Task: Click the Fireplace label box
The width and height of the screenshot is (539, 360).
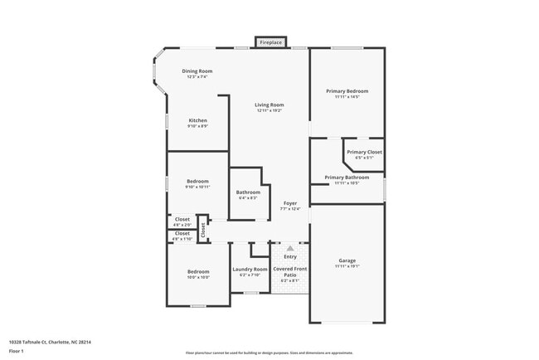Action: [x=270, y=42]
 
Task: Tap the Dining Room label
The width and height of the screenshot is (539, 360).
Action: [x=197, y=71]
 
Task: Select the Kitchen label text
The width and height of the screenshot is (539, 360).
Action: [x=197, y=120]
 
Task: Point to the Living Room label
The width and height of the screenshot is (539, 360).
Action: [x=269, y=105]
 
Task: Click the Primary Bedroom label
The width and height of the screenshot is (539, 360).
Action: [x=347, y=91]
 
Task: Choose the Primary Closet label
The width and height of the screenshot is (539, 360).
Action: [x=364, y=152]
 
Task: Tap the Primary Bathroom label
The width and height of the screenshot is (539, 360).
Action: [x=347, y=177]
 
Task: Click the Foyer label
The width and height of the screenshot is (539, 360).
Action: [x=290, y=203]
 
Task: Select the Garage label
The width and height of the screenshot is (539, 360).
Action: [x=347, y=260]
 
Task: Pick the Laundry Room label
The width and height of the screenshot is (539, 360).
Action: [x=250, y=269]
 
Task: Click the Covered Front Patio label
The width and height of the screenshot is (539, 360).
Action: [x=290, y=271]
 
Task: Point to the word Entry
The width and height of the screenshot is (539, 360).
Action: [x=290, y=256]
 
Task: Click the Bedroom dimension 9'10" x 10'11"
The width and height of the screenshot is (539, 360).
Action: [x=197, y=187]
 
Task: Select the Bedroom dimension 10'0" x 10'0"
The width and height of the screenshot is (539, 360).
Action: [x=197, y=277]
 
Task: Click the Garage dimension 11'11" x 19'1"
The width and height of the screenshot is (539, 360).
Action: [x=347, y=266]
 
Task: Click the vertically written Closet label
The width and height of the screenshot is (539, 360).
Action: [x=202, y=230]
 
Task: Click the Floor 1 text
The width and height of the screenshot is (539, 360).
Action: [x=16, y=351]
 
